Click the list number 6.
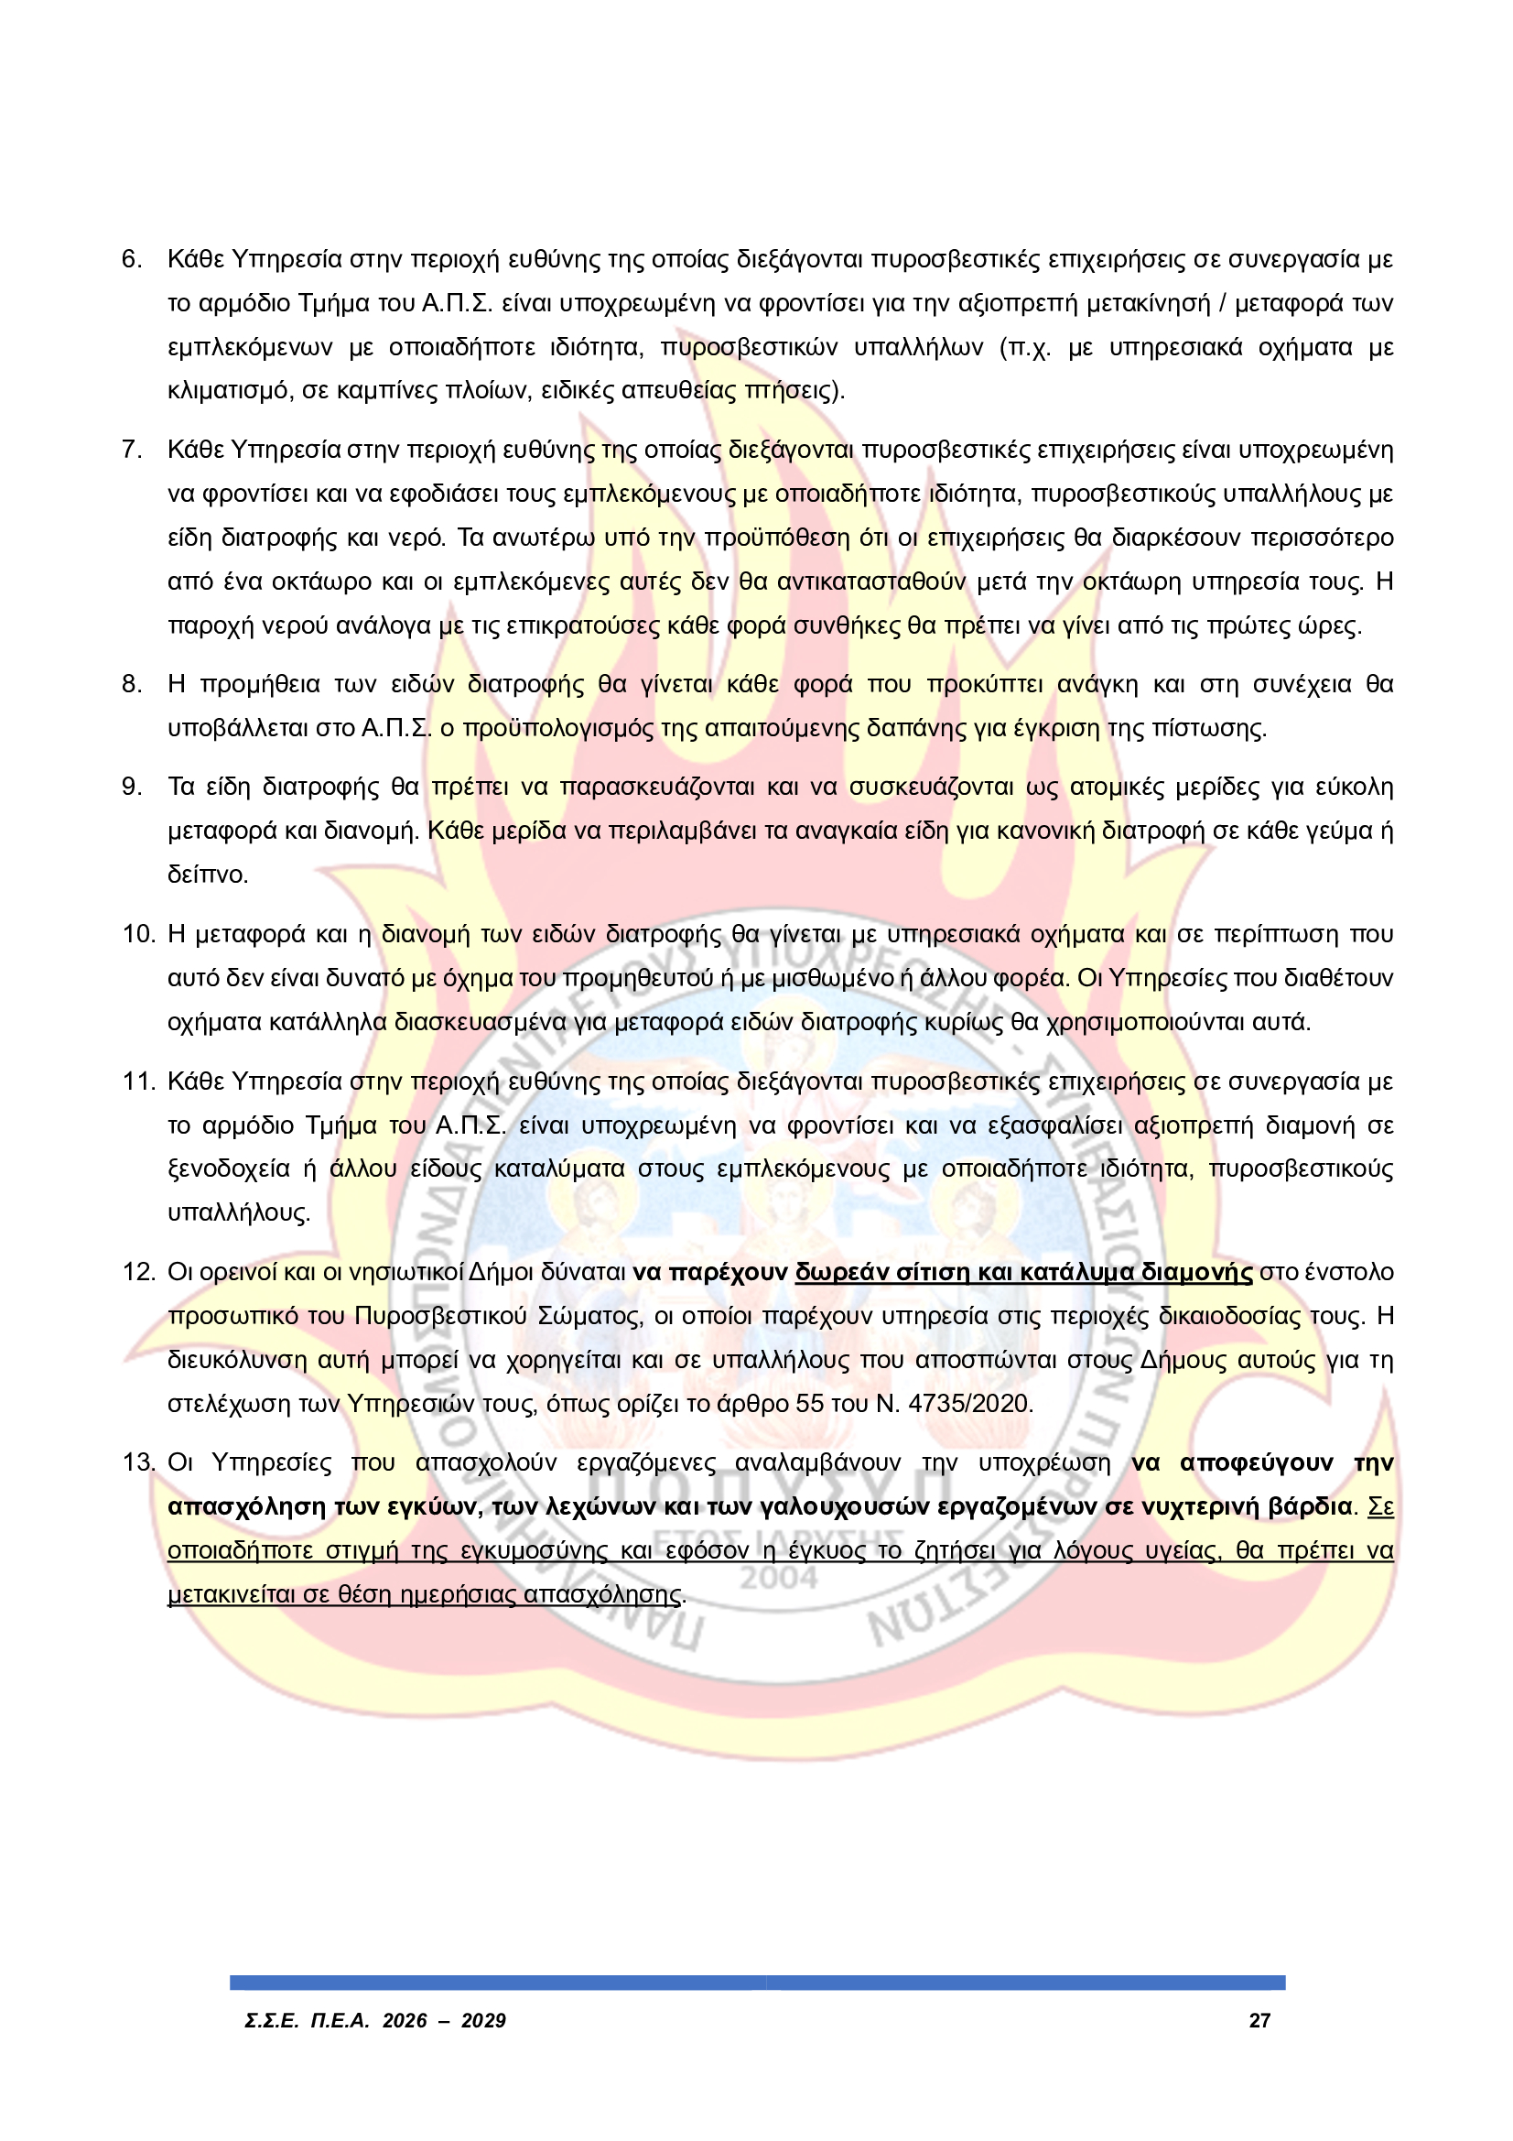[x=132, y=259]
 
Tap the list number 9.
[x=132, y=787]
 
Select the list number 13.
[x=138, y=1463]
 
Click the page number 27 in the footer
[x=1259, y=2022]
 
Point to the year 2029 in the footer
[x=483, y=2022]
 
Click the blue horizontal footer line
[x=757, y=1983]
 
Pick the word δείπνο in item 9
[x=207, y=875]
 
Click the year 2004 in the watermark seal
[x=779, y=1579]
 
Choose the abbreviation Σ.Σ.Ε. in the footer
[x=271, y=2022]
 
